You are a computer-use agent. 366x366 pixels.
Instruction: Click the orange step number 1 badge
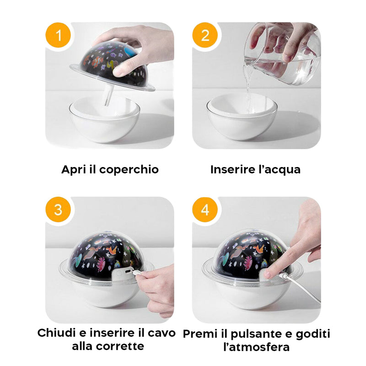tap(58, 35)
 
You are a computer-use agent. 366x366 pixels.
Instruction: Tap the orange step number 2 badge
tap(205, 35)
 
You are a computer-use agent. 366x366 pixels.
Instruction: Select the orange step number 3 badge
tap(58, 210)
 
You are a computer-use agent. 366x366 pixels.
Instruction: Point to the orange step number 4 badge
tap(205, 210)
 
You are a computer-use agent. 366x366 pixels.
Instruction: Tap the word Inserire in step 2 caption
tap(232, 170)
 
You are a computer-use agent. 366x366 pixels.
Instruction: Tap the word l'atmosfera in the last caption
tap(256, 347)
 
